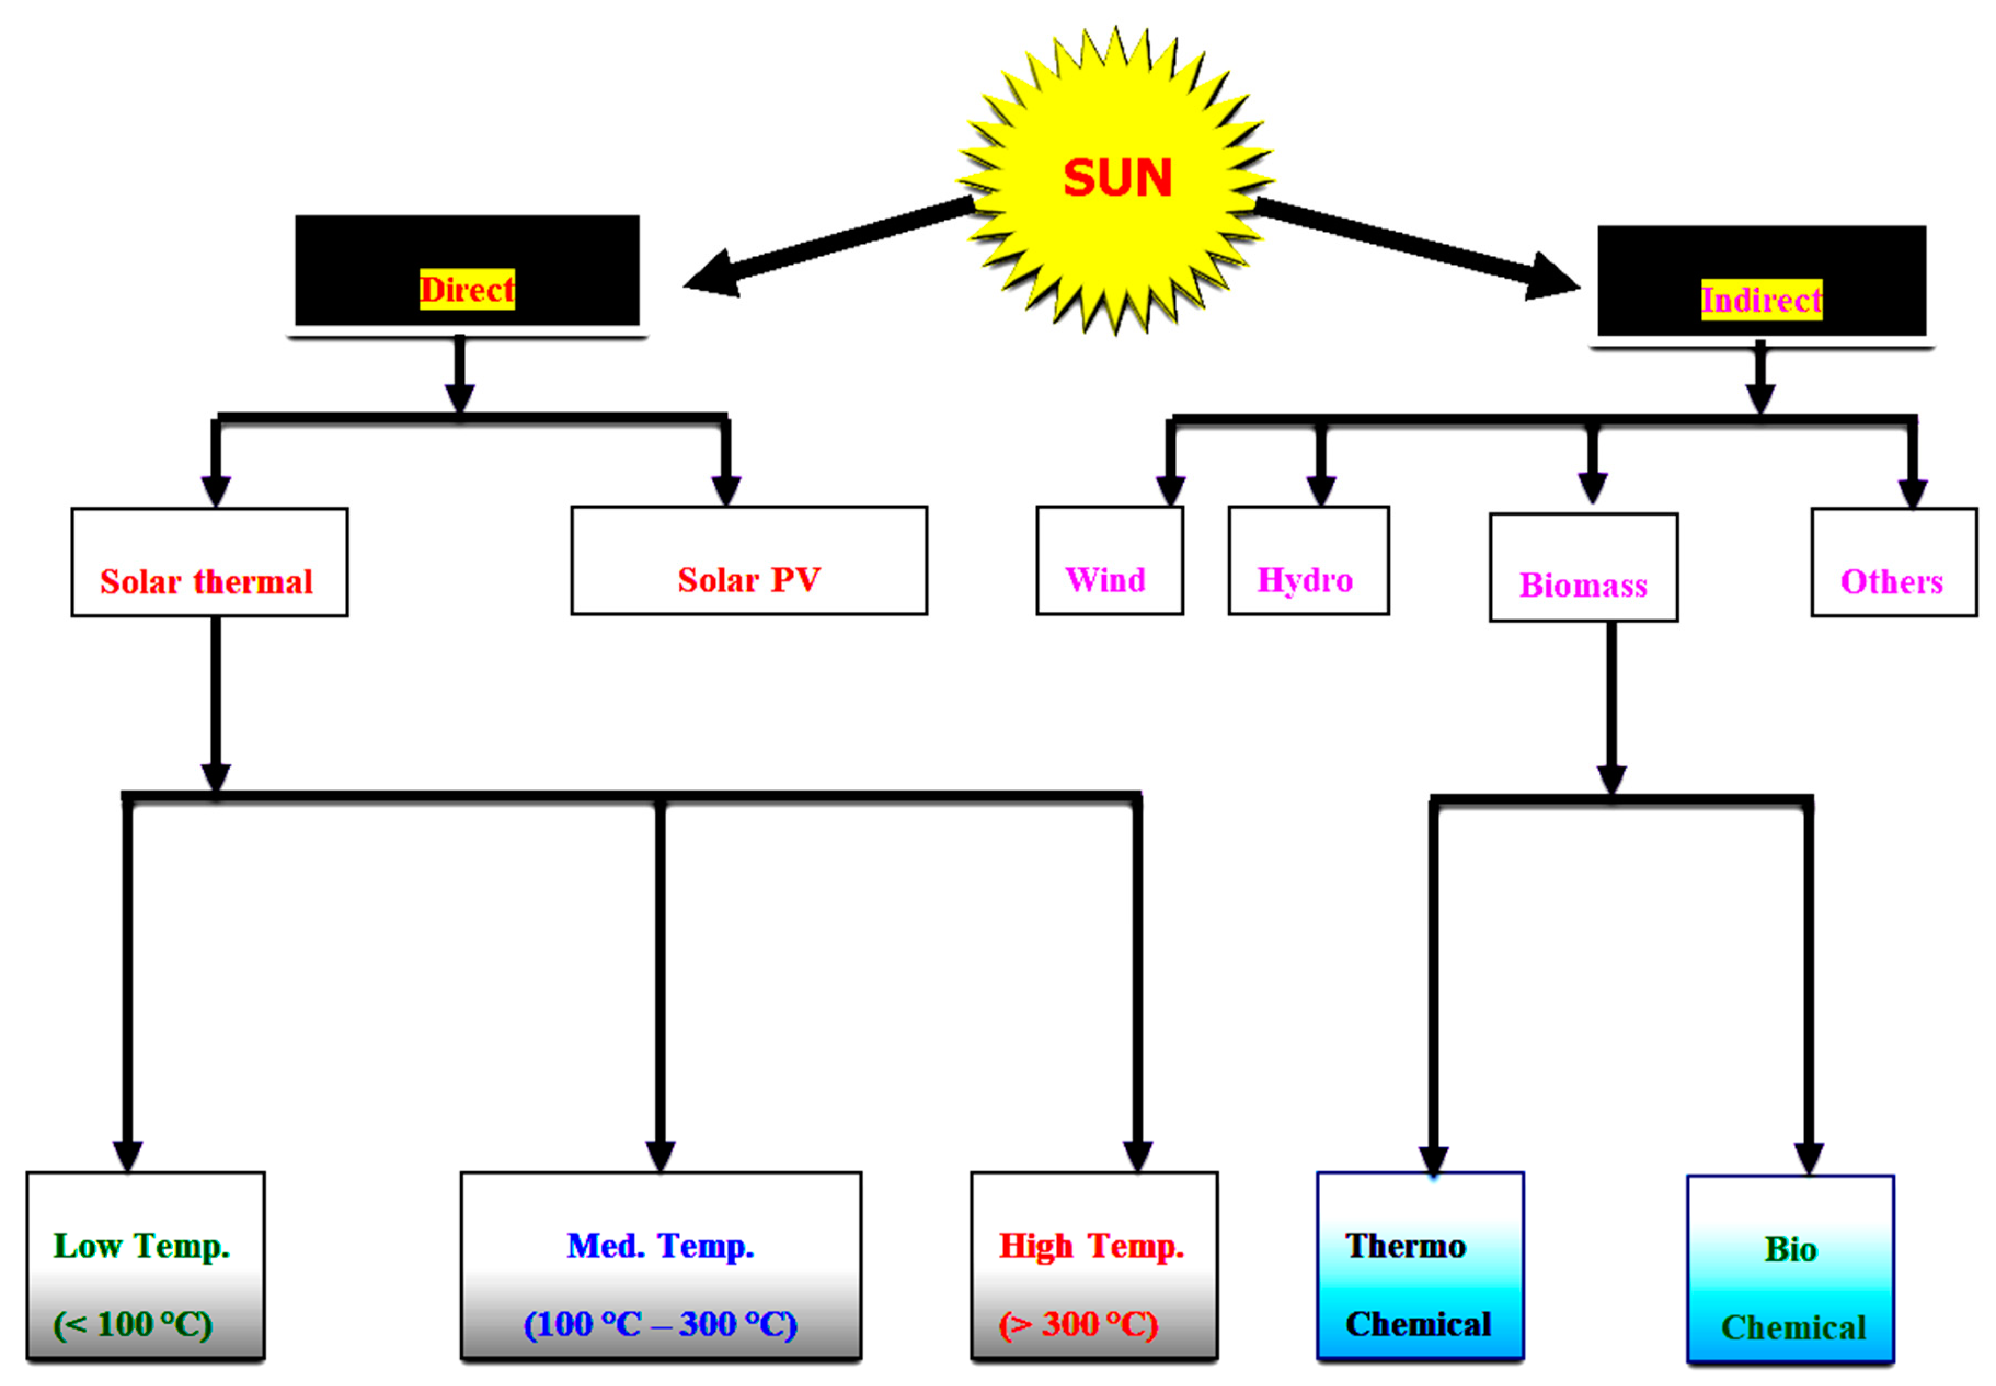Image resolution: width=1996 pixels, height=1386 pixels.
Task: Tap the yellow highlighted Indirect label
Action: [1760, 300]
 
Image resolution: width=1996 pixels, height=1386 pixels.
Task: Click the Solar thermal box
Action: [209, 562]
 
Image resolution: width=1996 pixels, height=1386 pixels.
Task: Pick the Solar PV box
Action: [748, 561]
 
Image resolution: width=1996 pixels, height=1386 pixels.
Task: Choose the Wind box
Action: [1109, 561]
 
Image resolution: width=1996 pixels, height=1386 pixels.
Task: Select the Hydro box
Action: [1307, 561]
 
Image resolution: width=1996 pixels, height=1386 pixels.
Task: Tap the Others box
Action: [1894, 563]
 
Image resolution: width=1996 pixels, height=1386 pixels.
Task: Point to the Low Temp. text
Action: [141, 1247]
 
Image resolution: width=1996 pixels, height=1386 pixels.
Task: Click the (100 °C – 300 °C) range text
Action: [660, 1324]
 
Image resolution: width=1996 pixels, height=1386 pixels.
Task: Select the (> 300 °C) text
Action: [1077, 1324]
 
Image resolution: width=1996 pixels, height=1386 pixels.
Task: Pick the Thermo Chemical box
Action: [1420, 1265]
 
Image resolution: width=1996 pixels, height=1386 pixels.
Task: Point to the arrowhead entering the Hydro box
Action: [1321, 491]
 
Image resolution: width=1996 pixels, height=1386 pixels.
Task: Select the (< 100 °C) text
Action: [132, 1324]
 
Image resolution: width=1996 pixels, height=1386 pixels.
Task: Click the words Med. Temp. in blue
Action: [660, 1247]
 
